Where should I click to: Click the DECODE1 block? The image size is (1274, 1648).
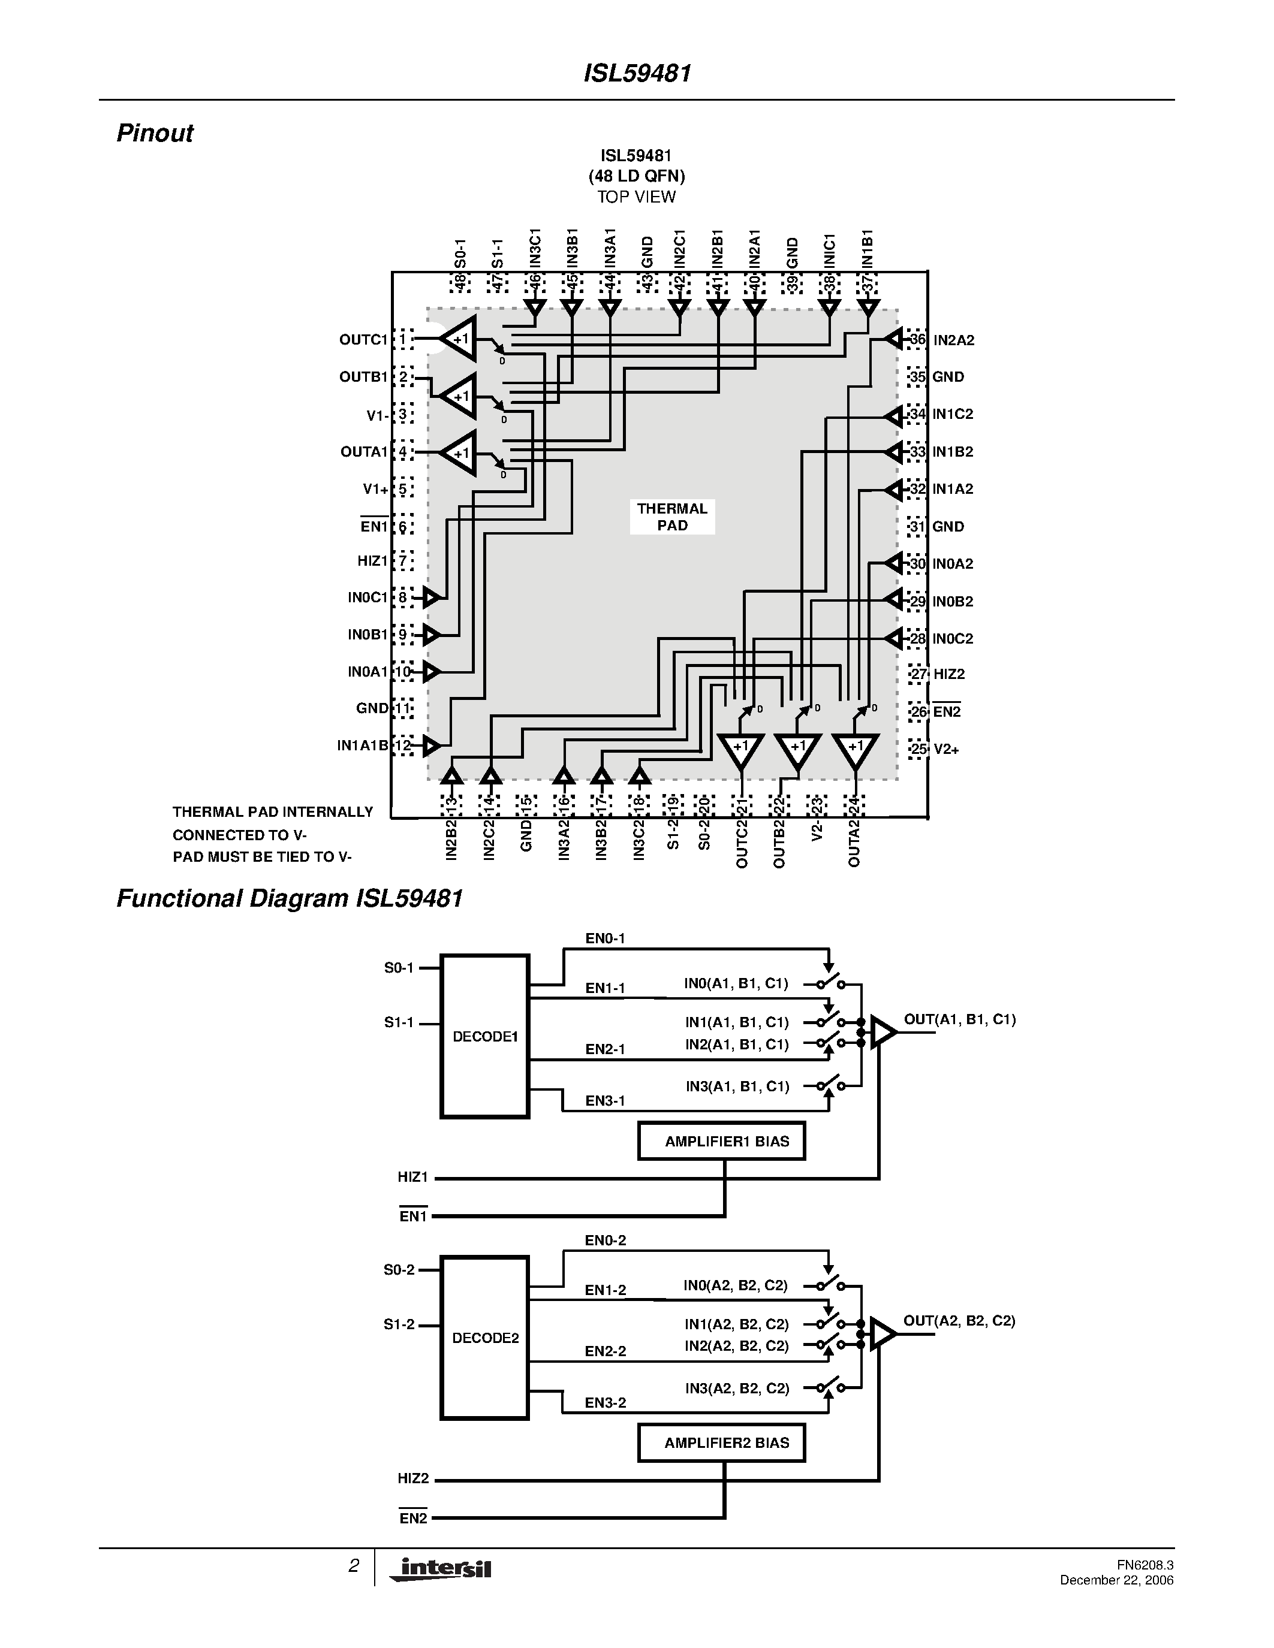tap(484, 1036)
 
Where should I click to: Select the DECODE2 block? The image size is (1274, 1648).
tap(484, 1338)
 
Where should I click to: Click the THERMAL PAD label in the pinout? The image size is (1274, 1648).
tap(671, 517)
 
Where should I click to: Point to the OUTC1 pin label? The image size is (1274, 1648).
tap(363, 340)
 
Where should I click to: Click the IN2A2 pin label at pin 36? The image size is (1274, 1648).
tap(953, 340)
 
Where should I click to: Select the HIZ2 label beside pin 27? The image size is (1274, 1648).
tap(948, 674)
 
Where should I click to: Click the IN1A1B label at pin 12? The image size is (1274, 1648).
tap(362, 745)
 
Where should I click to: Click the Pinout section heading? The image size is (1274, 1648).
tap(155, 133)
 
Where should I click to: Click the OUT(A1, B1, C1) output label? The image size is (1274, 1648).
tap(959, 1019)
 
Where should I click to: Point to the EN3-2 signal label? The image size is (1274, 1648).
tap(606, 1403)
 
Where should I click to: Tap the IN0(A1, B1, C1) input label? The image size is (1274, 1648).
tap(736, 983)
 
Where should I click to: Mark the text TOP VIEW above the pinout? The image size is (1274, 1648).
tap(636, 197)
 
